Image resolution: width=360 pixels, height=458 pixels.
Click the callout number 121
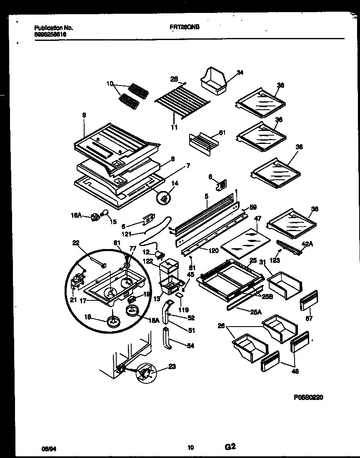(x=127, y=234)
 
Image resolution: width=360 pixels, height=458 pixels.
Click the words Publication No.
(x=53, y=28)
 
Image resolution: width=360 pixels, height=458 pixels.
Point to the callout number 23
(x=172, y=367)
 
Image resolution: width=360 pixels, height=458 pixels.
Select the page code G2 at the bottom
(x=231, y=447)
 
